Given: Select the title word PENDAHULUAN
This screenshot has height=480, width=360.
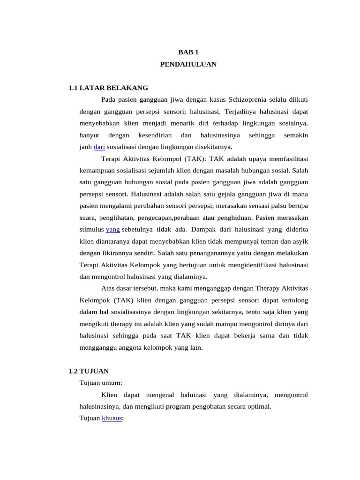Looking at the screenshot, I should [x=188, y=64].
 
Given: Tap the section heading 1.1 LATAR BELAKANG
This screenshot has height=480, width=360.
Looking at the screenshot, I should [x=108, y=88].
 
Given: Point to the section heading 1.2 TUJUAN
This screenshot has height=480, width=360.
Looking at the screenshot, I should [x=89, y=371].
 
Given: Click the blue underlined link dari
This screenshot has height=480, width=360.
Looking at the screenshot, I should [x=99, y=147].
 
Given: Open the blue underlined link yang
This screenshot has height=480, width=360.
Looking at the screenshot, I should [x=113, y=229].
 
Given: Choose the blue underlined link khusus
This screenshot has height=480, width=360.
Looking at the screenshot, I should [x=112, y=418].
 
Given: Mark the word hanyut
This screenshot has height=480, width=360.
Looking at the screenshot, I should [x=89, y=135].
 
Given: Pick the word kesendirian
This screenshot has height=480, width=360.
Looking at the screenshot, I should [x=155, y=135].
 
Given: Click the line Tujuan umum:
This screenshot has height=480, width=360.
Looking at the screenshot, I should [x=101, y=382].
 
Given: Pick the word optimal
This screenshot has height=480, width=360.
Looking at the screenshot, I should [x=259, y=406].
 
